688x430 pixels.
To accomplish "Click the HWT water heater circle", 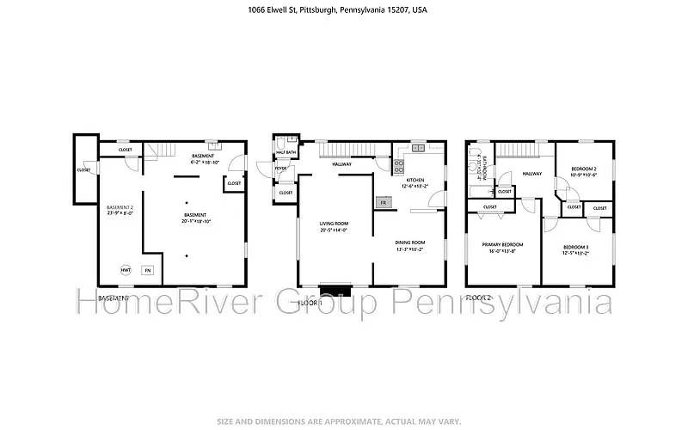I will coord(126,270).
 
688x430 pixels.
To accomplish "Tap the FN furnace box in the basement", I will coord(148,270).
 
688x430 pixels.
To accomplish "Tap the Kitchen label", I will coord(416,180).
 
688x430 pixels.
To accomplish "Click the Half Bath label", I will coord(286,153).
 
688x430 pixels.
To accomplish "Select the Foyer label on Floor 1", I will coord(280,169).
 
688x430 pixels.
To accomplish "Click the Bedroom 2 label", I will coord(583,169).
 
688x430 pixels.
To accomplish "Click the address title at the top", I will coord(344,11).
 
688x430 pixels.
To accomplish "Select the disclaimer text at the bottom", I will coord(344,422).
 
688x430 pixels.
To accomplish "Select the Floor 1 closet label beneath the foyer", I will coord(286,193).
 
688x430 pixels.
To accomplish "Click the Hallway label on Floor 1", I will coord(342,163).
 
